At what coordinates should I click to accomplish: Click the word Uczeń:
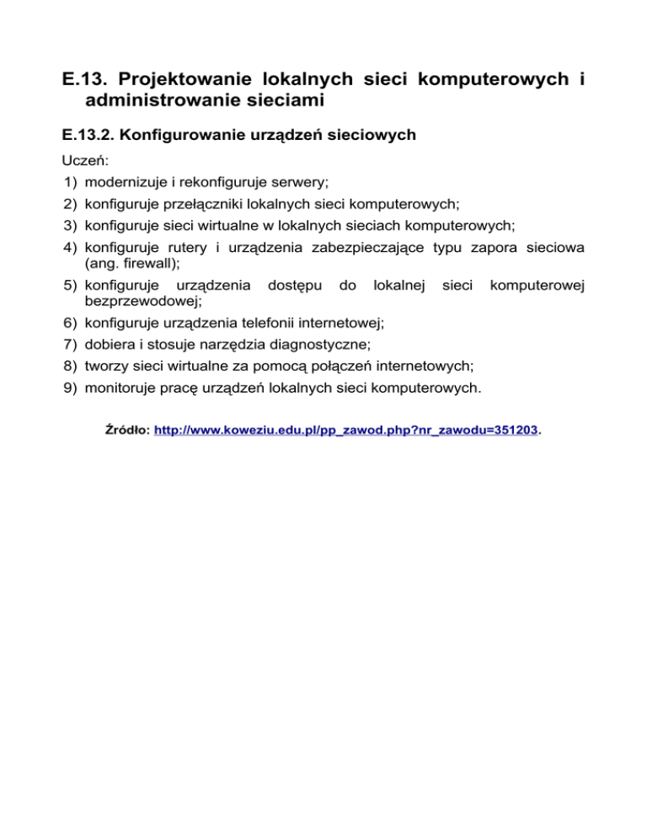tap(86, 160)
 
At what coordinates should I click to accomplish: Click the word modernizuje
tap(126, 182)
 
